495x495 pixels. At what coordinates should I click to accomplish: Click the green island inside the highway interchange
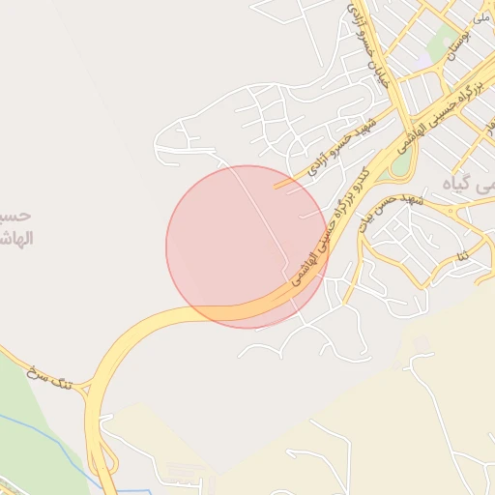tap(400, 163)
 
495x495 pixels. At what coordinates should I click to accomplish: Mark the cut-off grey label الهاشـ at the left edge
tap(17, 238)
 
